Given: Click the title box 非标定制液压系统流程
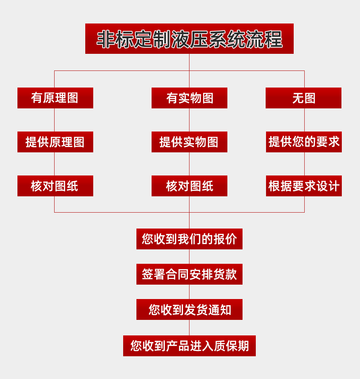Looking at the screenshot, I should (x=189, y=39).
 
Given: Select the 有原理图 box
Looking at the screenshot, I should (x=55, y=98).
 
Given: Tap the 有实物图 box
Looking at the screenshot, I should (x=189, y=98).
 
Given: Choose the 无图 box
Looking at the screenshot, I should (x=304, y=98).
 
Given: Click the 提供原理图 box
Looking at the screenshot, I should (x=55, y=142).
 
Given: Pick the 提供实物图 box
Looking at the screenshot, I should (x=189, y=142).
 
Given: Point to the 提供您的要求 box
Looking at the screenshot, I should (x=304, y=142).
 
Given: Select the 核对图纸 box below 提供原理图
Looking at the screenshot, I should (x=55, y=186).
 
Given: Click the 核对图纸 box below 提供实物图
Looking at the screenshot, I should (x=189, y=186).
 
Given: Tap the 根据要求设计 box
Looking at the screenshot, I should (x=304, y=186).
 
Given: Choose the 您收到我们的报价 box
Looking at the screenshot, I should (x=189, y=239).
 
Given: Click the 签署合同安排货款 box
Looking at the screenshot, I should (x=189, y=274).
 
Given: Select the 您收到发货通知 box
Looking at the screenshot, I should (x=189, y=309).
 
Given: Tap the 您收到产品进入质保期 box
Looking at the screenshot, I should (x=189, y=346).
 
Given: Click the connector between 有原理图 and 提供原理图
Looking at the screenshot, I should (x=55, y=120).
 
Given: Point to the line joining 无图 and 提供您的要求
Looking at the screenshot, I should (x=304, y=120).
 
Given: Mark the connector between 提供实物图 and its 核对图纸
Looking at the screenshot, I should (x=189, y=164).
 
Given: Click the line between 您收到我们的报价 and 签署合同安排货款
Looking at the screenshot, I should (x=189, y=257).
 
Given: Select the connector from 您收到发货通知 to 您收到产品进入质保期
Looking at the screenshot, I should (x=189, y=327).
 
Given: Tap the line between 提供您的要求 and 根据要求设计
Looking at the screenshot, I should (x=304, y=164).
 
